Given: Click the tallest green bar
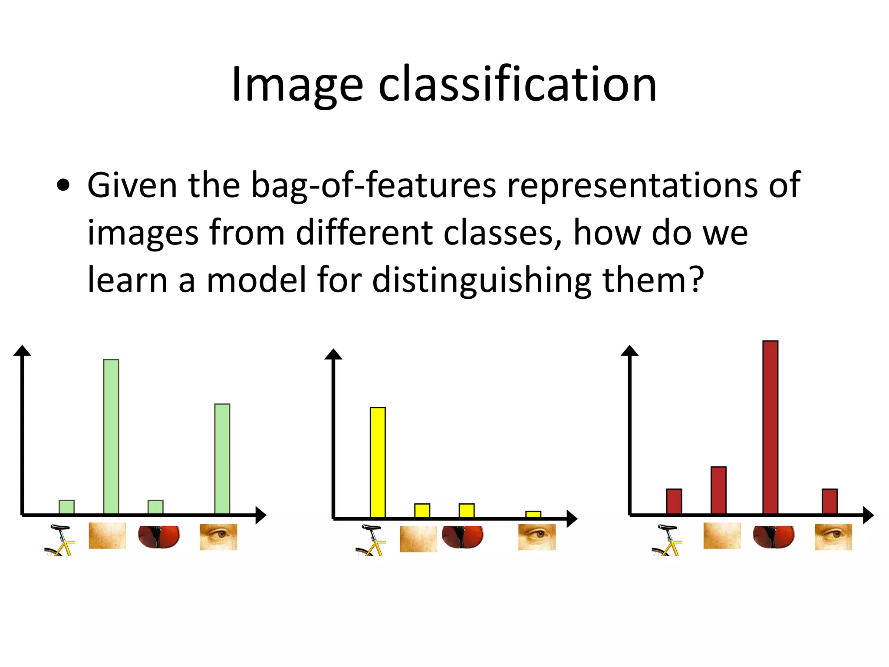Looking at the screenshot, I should point(111,436).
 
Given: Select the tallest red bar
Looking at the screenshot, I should point(770,428).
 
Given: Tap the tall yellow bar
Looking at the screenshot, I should point(378,462).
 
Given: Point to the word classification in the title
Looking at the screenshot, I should point(517,85).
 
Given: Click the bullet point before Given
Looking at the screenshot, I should point(63,186).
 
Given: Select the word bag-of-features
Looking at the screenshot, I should point(373,186).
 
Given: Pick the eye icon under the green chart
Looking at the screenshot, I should point(218,537).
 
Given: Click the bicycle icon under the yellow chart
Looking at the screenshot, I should point(370,541).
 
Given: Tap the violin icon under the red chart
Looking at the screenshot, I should point(774,536).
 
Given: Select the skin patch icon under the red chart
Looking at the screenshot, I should point(722,535).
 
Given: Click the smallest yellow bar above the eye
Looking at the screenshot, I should point(533,515).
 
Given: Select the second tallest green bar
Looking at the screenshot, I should point(222,459).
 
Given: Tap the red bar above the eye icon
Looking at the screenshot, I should point(830,502).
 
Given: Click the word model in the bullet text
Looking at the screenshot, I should point(256,280).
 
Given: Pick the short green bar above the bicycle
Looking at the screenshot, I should point(66,507).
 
